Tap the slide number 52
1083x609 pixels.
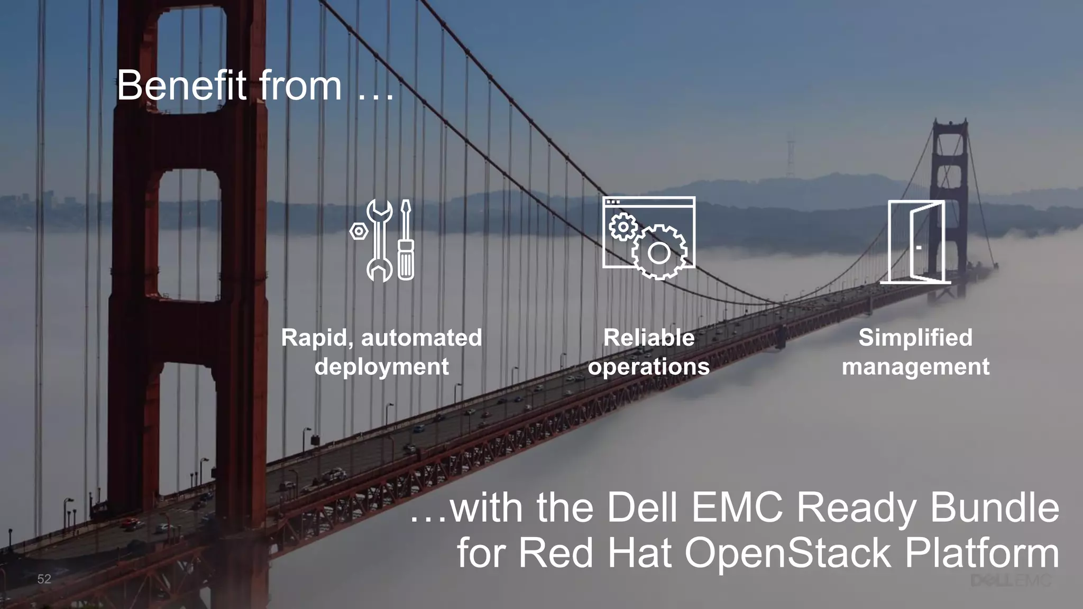[x=44, y=579]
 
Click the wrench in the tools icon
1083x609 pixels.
[x=379, y=240]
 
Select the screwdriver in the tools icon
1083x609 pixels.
[x=406, y=240]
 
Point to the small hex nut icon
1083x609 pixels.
[x=359, y=231]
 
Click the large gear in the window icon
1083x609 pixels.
[x=659, y=253]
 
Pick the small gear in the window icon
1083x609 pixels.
[x=623, y=227]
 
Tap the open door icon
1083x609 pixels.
[x=917, y=242]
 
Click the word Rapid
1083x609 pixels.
[x=317, y=338]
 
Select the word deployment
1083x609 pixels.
[x=381, y=366]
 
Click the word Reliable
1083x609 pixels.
[x=649, y=338]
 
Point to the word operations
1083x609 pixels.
[x=649, y=366]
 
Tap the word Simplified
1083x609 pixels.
[x=915, y=338]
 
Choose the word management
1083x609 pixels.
[x=915, y=366]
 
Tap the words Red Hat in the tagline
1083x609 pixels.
[x=595, y=553]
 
